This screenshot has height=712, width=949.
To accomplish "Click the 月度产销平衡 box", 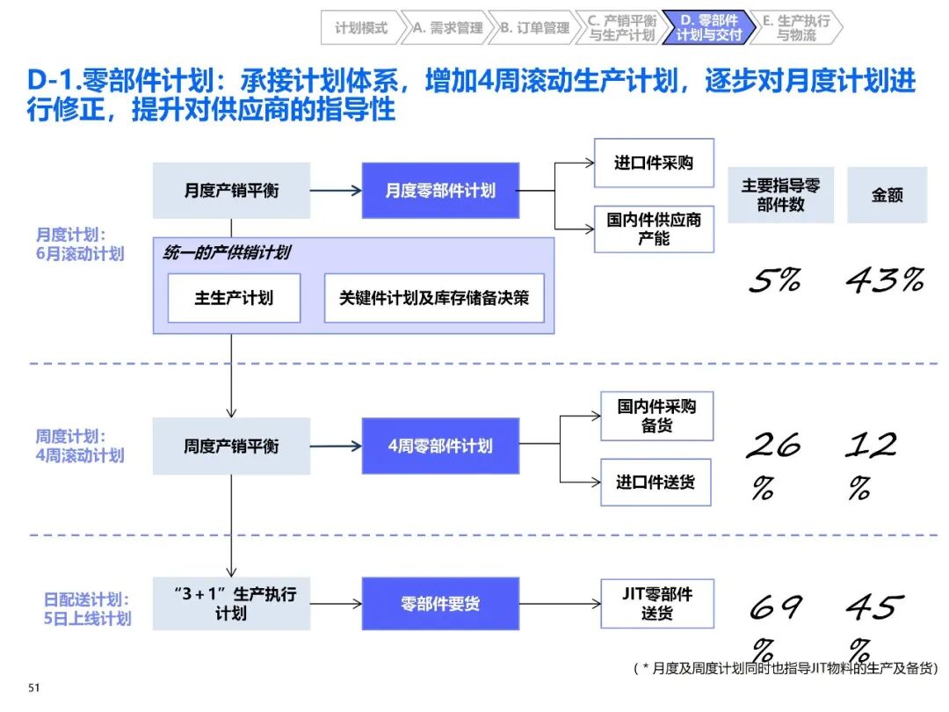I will pos(231,191).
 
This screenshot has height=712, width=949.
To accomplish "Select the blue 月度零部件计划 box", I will pos(440,191).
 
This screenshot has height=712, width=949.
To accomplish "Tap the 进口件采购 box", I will pos(654,163).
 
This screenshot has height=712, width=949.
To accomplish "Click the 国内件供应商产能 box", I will pos(654,229).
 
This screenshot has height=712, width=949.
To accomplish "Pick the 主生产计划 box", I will pos(234,298).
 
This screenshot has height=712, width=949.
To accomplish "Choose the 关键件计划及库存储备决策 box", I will pos(434,298).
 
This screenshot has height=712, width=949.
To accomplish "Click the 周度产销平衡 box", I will pos(231,447).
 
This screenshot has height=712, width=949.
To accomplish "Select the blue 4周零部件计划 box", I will pos(440,447).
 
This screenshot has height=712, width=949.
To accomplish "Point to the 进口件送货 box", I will pos(656,482).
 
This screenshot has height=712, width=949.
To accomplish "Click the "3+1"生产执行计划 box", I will pos(231,604).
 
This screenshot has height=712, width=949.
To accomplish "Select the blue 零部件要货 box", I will pos(440,604).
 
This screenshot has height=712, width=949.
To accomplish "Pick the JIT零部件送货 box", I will pos(656,604).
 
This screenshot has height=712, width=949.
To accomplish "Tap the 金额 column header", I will pos(887,195).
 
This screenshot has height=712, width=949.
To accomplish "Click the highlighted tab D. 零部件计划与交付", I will pos(709,28).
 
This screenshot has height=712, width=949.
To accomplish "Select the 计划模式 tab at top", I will pos(361,28).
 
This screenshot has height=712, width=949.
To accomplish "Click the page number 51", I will pos(34,687).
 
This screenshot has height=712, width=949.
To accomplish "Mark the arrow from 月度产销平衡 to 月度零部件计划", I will pos(336,191).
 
